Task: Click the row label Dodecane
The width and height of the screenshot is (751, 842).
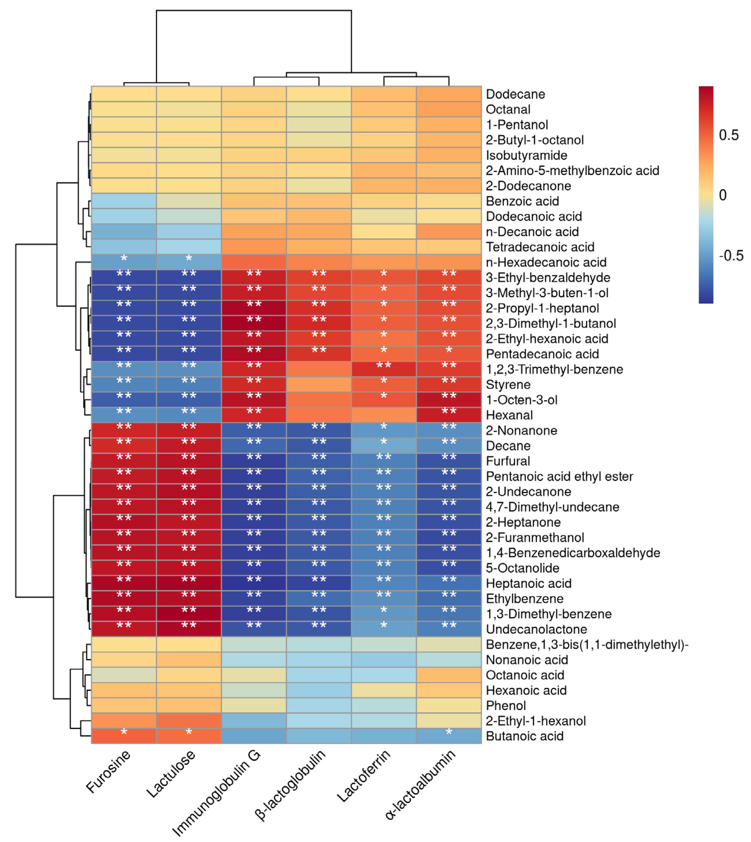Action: point(515,94)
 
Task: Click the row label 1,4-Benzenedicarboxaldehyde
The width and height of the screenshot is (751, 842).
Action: point(573,553)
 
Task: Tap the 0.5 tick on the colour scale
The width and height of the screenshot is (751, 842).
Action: point(728,135)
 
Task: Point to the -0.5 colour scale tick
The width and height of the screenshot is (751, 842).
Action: point(731,256)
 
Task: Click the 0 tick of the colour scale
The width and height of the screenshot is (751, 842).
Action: point(722,195)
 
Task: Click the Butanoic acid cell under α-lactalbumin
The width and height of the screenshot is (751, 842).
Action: point(449,736)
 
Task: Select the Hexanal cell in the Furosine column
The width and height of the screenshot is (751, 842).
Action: point(124,415)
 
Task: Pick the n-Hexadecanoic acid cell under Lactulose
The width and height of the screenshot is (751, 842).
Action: point(189,262)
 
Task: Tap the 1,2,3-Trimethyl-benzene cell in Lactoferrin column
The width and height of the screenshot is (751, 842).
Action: point(384,369)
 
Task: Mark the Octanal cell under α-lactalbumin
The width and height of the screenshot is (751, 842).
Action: point(449,110)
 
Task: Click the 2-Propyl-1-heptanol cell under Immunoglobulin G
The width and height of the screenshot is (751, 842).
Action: point(254,308)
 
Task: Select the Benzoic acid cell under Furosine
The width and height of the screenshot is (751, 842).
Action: point(124,201)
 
